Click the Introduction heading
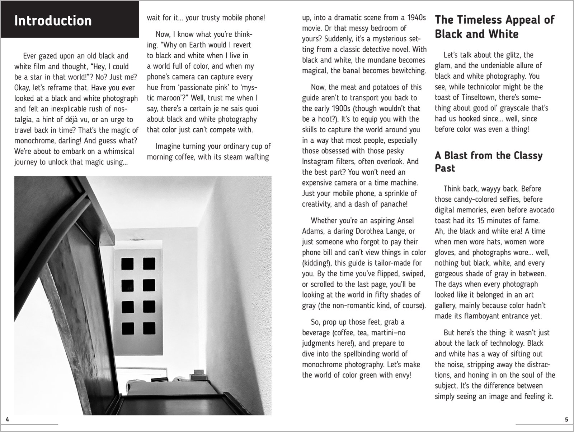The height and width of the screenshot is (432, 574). tap(53, 20)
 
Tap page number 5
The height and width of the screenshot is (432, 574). tap(566, 419)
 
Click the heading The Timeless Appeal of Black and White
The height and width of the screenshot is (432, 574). tap(494, 27)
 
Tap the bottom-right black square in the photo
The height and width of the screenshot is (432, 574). tap(149, 328)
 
